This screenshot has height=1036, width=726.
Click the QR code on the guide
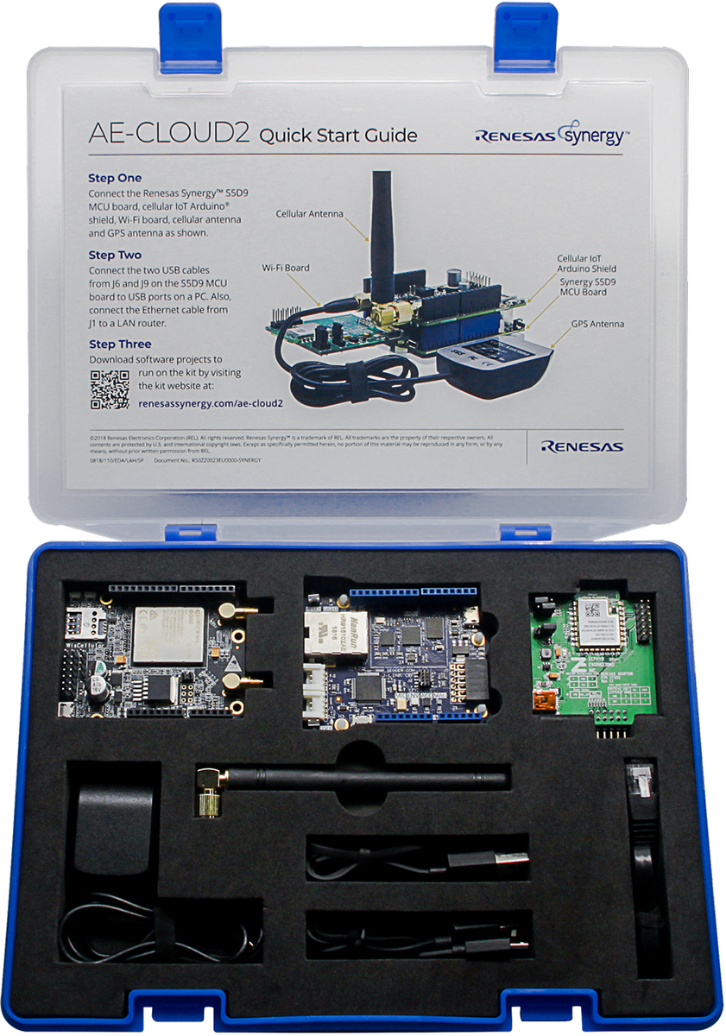point(110,388)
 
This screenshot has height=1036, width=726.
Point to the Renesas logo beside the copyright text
point(582,446)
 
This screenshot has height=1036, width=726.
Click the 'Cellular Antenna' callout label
point(309,213)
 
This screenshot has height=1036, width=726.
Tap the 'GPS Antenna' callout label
point(597,324)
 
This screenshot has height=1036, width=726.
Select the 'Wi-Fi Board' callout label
point(285,268)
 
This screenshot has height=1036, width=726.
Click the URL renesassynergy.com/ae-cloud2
point(211,401)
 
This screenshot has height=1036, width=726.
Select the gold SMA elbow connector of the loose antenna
point(206,790)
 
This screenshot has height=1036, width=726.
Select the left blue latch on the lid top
point(189,26)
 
